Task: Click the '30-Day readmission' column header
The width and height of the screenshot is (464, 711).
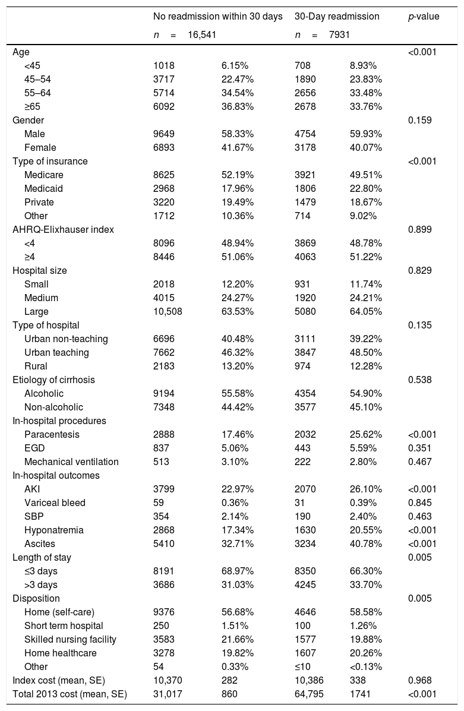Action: point(337,17)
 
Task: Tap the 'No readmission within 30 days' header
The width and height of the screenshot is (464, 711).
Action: point(217,17)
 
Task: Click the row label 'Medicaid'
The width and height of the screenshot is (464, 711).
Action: point(45,188)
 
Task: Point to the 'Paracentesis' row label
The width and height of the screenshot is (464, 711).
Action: point(52,434)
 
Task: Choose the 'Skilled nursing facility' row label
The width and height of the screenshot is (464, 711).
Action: point(70,639)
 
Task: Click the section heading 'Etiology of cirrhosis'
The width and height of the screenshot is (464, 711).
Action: point(53,380)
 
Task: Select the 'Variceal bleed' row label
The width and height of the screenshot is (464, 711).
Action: point(55,503)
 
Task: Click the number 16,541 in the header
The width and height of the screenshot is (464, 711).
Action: point(202,35)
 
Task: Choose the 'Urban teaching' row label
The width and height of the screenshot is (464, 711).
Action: point(56,352)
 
